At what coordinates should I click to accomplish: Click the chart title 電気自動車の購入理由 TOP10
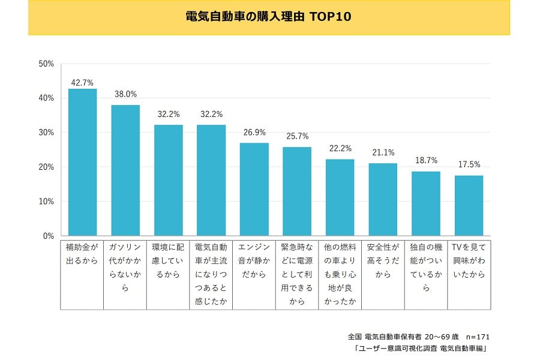coord(268,17)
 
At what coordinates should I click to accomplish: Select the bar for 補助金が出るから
coord(83,162)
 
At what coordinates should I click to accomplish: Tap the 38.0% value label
coord(125,94)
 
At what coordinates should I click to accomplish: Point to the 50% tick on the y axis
coord(46,63)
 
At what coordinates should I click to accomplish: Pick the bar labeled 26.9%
coord(254,189)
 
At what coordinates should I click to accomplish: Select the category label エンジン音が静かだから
coord(254,260)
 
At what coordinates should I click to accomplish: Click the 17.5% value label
coord(469,165)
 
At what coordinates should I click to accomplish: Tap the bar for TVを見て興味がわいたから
coord(469,205)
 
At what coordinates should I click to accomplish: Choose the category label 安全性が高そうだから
coord(383,260)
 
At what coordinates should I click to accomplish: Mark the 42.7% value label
coord(83,83)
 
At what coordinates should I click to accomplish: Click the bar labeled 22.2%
coord(340,197)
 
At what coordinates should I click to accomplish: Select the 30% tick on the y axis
coord(46,132)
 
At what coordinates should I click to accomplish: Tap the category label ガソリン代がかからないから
coord(125,266)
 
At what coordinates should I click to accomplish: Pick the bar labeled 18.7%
coord(425,203)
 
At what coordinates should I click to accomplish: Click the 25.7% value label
coord(297,137)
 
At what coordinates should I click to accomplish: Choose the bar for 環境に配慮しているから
coord(169,180)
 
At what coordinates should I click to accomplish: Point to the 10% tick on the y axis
coord(46,202)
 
